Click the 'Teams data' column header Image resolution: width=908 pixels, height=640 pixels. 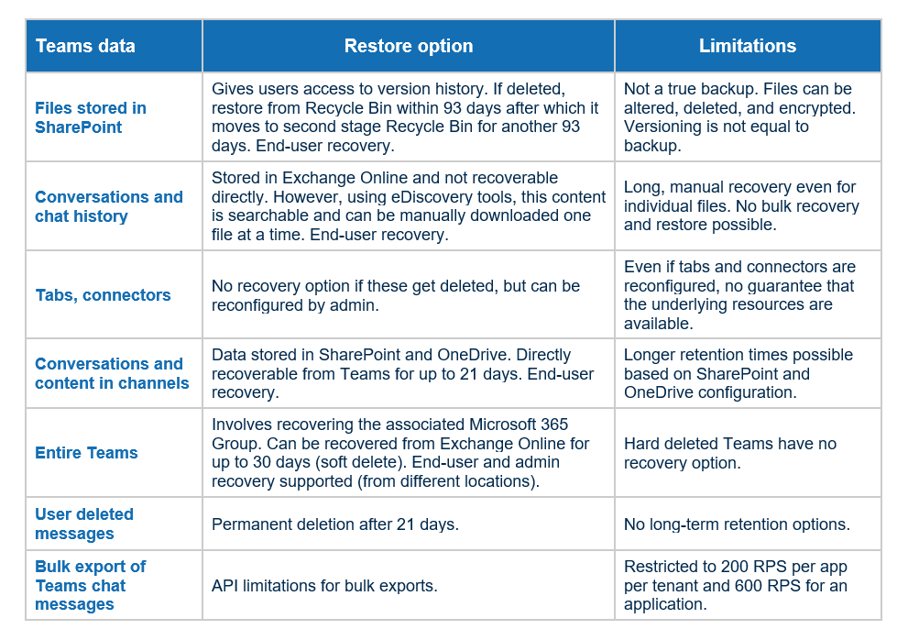click(x=85, y=46)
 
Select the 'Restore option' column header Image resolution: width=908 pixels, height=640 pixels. click(x=409, y=46)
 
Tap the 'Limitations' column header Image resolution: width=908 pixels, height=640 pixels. click(x=748, y=46)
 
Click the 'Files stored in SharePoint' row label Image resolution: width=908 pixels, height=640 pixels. click(x=91, y=117)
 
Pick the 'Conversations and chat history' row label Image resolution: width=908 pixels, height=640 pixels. click(x=109, y=206)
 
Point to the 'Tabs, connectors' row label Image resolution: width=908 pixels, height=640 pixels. click(x=103, y=295)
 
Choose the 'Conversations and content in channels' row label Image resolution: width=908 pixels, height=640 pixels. click(x=112, y=373)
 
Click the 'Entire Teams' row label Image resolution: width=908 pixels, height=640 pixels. click(x=86, y=453)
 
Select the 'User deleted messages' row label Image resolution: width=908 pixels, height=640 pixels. click(x=84, y=524)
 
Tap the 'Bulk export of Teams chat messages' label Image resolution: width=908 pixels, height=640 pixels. click(x=90, y=585)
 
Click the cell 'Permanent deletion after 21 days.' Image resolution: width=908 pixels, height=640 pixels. click(x=334, y=524)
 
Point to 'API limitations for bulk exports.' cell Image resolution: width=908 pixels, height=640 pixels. click(x=325, y=586)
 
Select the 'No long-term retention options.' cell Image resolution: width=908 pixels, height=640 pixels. click(x=737, y=524)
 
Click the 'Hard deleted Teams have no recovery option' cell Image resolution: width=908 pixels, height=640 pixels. click(x=730, y=453)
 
